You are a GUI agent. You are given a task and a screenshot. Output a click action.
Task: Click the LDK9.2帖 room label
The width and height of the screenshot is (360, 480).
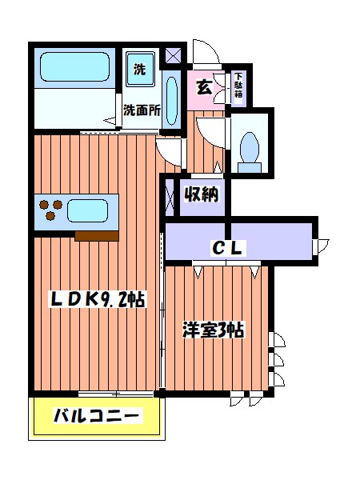click(97, 300)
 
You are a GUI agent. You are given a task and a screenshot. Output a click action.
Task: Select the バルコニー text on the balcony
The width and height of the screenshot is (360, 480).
click(97, 416)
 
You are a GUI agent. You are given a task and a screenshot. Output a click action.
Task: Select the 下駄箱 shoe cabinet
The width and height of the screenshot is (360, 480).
click(238, 86)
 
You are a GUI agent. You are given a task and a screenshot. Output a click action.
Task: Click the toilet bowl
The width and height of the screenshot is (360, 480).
click(250, 149)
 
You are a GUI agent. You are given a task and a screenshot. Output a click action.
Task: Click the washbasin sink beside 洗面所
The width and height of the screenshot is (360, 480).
click(172, 100)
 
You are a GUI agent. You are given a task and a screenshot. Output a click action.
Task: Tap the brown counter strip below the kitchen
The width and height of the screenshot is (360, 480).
click(97, 234)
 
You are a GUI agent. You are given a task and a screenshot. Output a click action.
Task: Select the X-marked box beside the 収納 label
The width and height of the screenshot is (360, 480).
click(170, 194)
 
